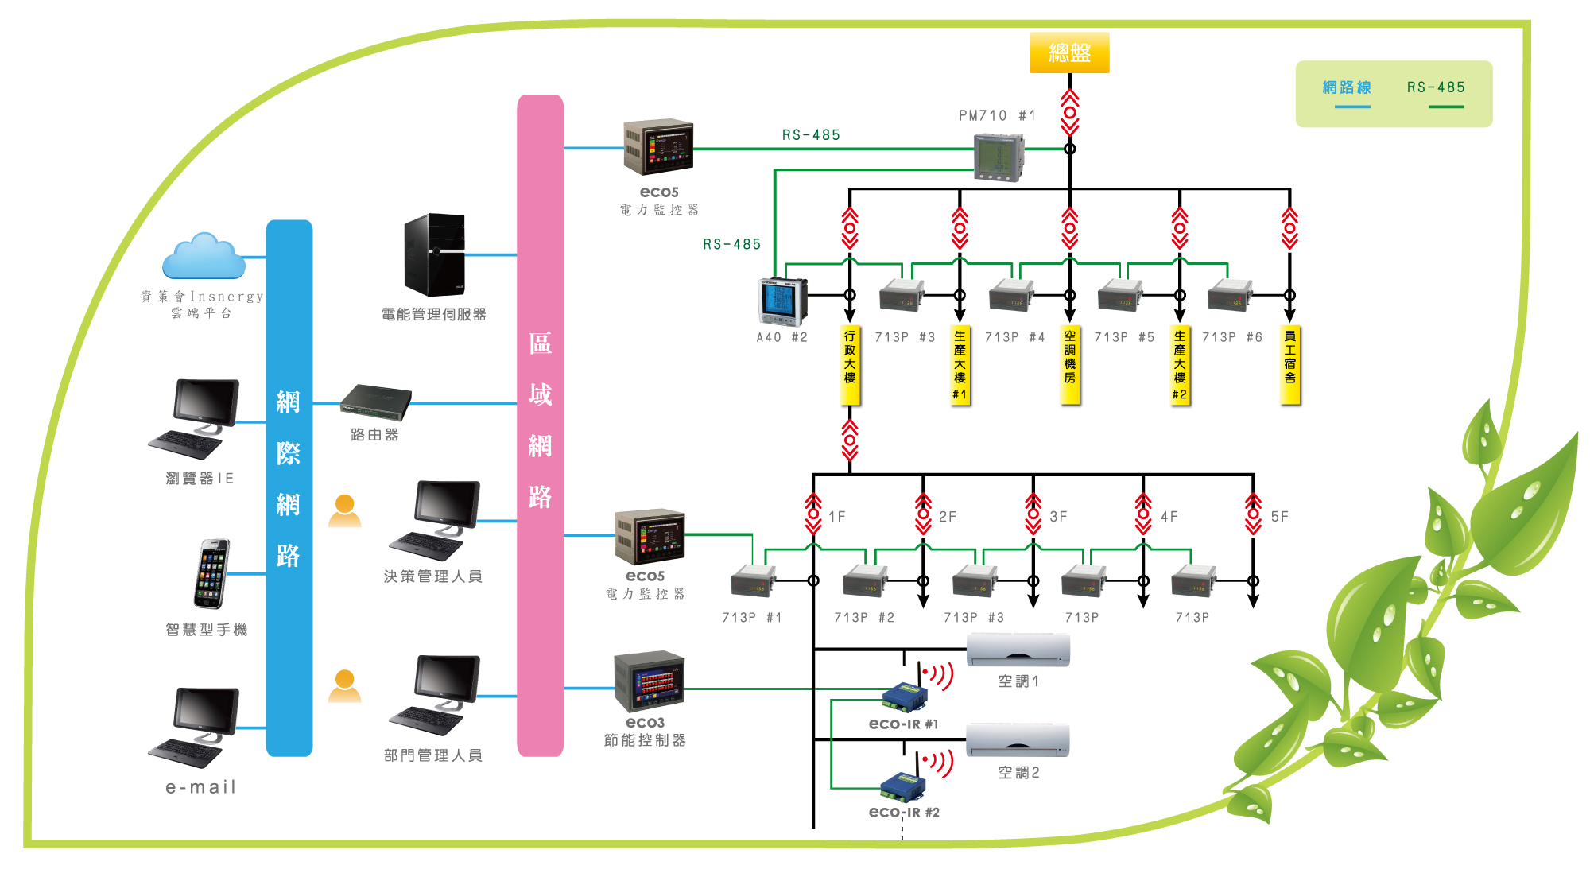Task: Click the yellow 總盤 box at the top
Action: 1069,52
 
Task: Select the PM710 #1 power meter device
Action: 999,157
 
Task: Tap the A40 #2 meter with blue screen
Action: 783,302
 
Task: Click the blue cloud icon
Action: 204,256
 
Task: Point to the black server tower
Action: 435,254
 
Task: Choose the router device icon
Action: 376,402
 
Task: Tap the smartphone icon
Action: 211,573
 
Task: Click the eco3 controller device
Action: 650,681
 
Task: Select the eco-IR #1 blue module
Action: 905,697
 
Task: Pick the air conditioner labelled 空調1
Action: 1018,650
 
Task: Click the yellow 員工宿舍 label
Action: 1289,365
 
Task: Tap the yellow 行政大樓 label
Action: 850,365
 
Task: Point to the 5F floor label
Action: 1279,517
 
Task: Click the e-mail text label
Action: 201,787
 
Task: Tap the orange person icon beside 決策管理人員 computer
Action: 345,510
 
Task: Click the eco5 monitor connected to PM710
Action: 658,147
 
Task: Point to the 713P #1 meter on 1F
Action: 753,580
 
